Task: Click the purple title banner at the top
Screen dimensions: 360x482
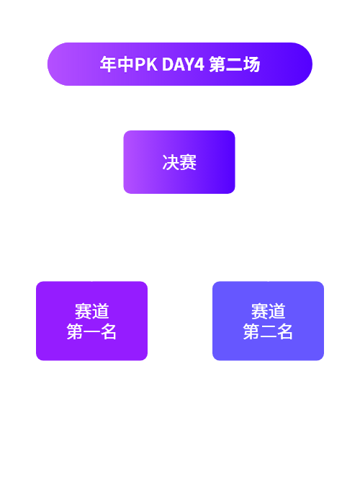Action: [180, 64]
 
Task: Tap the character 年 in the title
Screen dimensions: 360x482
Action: [109, 64]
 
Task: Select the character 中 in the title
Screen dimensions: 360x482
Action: [125, 64]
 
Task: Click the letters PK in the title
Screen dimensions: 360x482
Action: [146, 64]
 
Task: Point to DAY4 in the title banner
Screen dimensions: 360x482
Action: [183, 64]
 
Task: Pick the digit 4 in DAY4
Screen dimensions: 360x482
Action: [199, 64]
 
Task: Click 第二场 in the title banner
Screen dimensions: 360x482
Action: [235, 64]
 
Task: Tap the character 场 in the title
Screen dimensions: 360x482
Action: [252, 64]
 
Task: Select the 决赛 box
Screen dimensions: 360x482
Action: [179, 162]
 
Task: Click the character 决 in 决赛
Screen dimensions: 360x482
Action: [171, 162]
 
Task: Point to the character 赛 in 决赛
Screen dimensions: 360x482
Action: [188, 162]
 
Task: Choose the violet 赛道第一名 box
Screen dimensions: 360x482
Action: [92, 321]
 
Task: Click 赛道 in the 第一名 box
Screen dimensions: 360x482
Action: [92, 311]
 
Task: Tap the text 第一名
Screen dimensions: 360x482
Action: [91, 331]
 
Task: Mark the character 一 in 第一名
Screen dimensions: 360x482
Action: [92, 331]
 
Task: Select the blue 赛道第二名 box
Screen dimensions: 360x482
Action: [268, 321]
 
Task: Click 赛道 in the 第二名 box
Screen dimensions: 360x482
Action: [268, 311]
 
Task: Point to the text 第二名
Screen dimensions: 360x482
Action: [268, 331]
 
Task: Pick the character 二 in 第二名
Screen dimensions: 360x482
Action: [268, 331]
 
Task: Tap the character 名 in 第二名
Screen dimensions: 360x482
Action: [284, 331]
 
